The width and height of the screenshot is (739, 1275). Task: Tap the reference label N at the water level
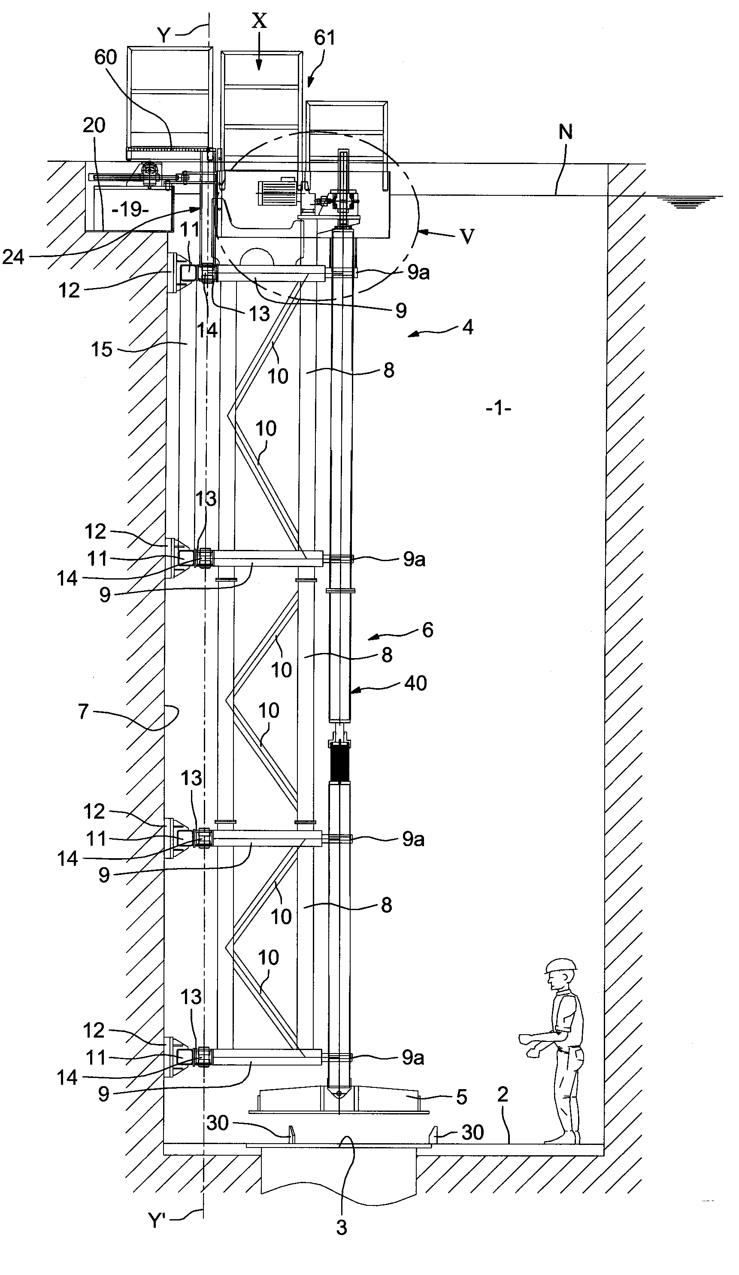point(566,132)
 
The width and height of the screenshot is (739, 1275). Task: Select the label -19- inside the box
point(130,209)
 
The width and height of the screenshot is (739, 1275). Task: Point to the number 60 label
point(106,57)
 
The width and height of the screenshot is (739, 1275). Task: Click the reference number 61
point(324,37)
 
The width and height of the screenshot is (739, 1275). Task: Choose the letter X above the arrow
point(259,21)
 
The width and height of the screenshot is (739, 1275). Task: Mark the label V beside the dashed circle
point(467,236)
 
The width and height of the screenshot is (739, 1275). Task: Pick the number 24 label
point(14,257)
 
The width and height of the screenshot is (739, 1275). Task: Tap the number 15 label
point(101,349)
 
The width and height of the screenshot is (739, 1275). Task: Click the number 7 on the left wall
point(83,711)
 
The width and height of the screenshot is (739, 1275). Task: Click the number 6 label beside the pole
point(427,630)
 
